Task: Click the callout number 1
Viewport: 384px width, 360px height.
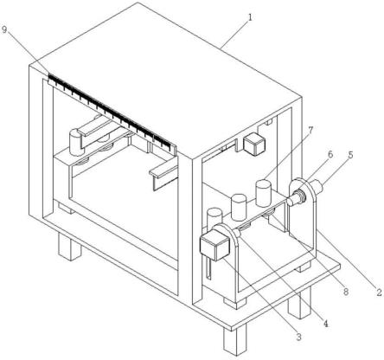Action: pyautogui.click(x=250, y=17)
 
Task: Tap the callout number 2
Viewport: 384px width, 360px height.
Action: pyautogui.click(x=379, y=292)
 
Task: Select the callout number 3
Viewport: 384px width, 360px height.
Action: pyautogui.click(x=298, y=337)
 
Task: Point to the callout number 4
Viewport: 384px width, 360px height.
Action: pyautogui.click(x=326, y=324)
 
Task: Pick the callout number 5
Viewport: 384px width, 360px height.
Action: pyautogui.click(x=350, y=155)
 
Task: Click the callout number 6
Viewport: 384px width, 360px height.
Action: pyautogui.click(x=330, y=154)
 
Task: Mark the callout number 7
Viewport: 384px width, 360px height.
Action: pyautogui.click(x=310, y=130)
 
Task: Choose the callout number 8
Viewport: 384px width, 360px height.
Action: pyautogui.click(x=345, y=292)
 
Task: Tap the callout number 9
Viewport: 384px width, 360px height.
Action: pyautogui.click(x=4, y=29)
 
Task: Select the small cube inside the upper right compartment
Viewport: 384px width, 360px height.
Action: pyautogui.click(x=254, y=145)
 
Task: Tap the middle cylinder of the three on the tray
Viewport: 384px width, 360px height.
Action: pyautogui.click(x=239, y=207)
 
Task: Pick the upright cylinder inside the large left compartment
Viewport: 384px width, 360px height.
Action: pyautogui.click(x=76, y=143)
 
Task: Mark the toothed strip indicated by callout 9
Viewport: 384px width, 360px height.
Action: pyautogui.click(x=112, y=112)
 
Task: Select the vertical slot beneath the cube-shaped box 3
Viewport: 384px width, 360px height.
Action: pyautogui.click(x=209, y=268)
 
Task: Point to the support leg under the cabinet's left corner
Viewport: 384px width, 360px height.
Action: pyautogui.click(x=70, y=246)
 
